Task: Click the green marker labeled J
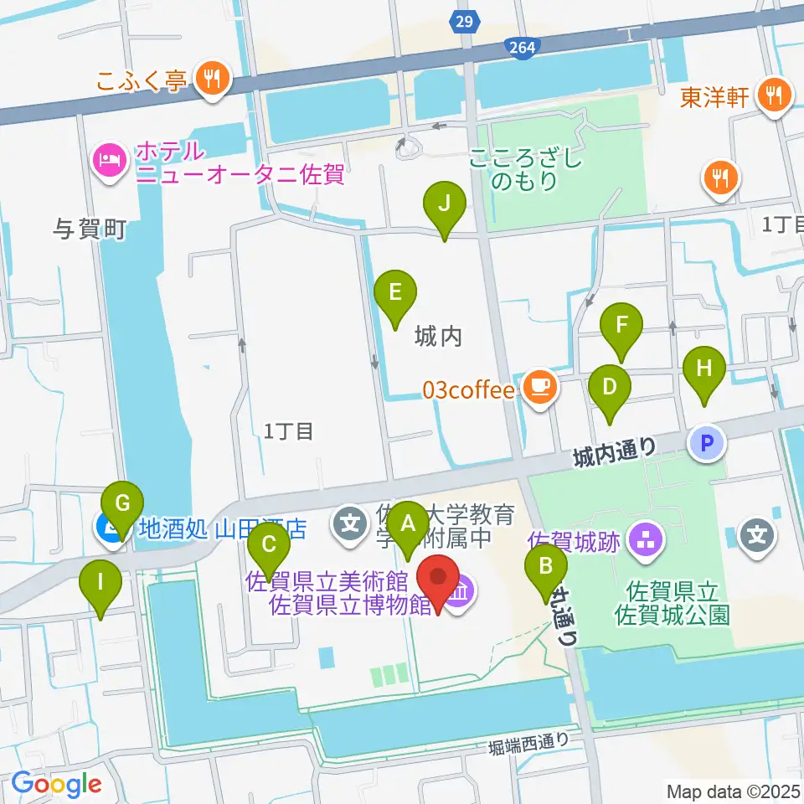point(444,204)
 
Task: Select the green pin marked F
point(621,324)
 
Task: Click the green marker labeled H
point(704,368)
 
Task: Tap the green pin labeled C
point(269,545)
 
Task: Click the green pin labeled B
point(546,567)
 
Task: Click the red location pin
point(438,578)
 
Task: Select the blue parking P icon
point(707,443)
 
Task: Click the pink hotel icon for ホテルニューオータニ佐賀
point(110,157)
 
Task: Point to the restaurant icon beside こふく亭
point(209,80)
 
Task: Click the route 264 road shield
point(521,49)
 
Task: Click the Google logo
point(56,785)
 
